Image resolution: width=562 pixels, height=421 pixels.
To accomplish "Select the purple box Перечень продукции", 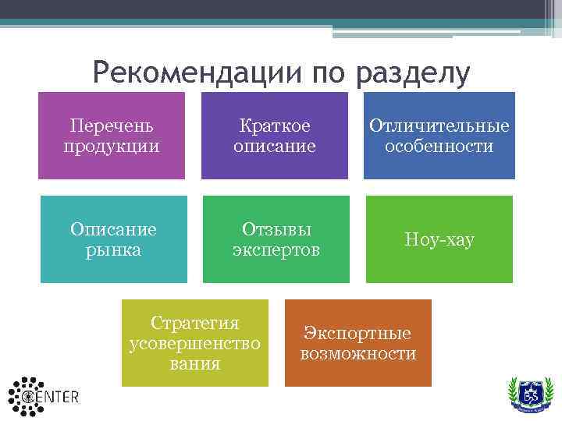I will (x=112, y=136).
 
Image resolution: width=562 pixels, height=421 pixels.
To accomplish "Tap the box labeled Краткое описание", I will (x=275, y=136).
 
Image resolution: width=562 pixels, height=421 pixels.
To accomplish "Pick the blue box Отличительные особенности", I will (x=439, y=136).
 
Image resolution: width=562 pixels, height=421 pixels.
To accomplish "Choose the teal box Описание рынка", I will (x=114, y=239).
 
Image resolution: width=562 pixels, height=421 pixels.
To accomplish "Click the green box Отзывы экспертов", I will (x=276, y=239).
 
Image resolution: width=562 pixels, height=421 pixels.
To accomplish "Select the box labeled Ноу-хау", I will (x=439, y=239).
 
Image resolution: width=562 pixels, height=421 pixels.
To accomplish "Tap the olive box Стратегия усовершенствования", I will (x=194, y=343).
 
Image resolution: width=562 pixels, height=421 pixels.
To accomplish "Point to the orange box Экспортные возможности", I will (x=358, y=343).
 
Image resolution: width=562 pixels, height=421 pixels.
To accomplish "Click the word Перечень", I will (x=112, y=126).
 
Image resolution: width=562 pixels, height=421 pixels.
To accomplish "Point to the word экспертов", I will (x=276, y=249).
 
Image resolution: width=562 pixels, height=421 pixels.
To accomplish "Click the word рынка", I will (x=114, y=249).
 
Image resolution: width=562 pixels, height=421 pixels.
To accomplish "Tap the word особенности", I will (x=439, y=147).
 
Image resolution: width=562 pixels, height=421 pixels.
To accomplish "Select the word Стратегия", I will (x=194, y=324).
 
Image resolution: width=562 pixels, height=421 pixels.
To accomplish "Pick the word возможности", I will (x=358, y=354).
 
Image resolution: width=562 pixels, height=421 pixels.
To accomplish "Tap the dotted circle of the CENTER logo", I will (x=26, y=395).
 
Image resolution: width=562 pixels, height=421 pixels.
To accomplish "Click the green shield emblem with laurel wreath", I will (x=530, y=394).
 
